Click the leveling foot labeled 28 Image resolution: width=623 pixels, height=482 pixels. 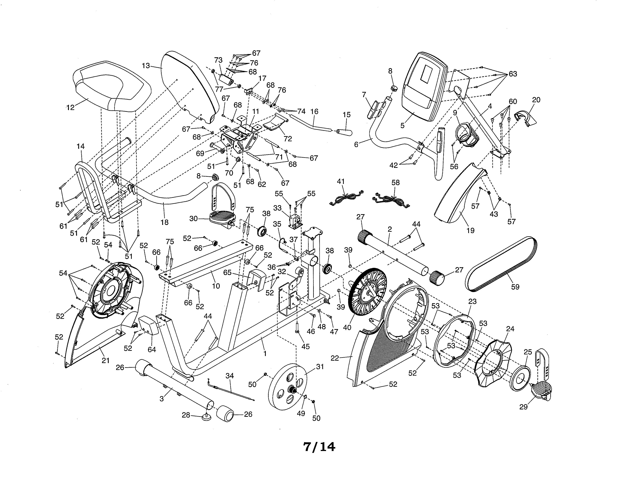point(207,418)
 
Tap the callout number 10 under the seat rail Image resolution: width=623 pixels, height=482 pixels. point(216,286)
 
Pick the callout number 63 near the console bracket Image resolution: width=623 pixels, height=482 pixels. point(513,74)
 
